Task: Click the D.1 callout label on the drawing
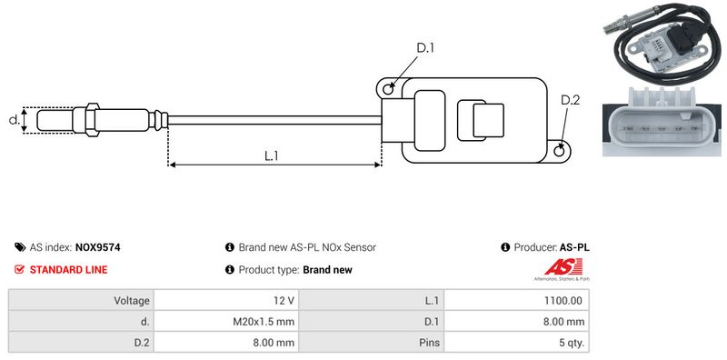(424, 48)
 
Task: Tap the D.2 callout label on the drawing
(570, 100)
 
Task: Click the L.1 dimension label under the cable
(271, 155)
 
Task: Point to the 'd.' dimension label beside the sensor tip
(15, 120)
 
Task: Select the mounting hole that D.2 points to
(560, 150)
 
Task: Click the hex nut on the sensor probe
(92, 120)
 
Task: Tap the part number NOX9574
(97, 248)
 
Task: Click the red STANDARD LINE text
(68, 269)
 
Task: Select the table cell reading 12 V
(226, 301)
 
